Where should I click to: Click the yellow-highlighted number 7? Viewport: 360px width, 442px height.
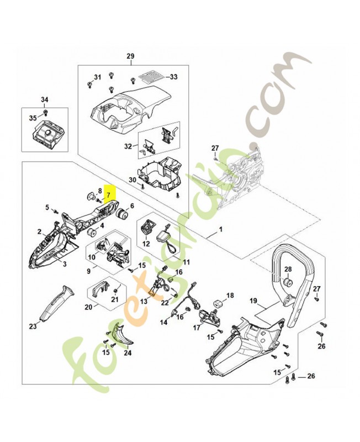[109, 195]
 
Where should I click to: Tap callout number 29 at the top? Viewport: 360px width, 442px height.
[130, 56]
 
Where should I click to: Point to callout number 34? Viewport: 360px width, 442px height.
[45, 99]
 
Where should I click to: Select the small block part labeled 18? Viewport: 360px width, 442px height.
[218, 304]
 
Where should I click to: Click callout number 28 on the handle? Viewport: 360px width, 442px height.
[288, 269]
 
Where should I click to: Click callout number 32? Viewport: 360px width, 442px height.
[128, 146]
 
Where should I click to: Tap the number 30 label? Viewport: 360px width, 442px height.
[132, 180]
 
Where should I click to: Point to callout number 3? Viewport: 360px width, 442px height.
[65, 265]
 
